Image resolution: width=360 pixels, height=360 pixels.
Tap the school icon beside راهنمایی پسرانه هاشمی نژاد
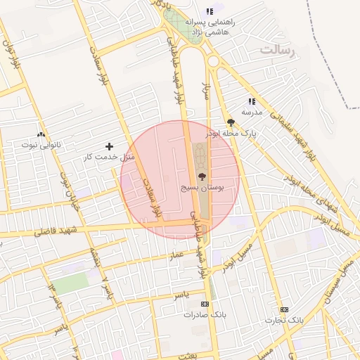pos(210,11)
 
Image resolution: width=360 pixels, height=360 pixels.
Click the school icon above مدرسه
pos(252,102)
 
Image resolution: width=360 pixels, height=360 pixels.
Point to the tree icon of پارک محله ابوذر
pos(231,122)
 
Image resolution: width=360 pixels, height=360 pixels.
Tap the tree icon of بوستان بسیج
pos(202,176)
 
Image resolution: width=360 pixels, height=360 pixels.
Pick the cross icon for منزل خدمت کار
pos(108,146)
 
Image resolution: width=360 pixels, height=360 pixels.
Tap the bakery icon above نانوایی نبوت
pos(41,134)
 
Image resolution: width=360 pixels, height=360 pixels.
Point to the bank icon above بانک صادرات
pos(205,304)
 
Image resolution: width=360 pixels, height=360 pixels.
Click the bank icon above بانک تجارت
pos(284,309)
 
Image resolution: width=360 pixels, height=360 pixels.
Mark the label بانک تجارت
pos(284,320)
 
